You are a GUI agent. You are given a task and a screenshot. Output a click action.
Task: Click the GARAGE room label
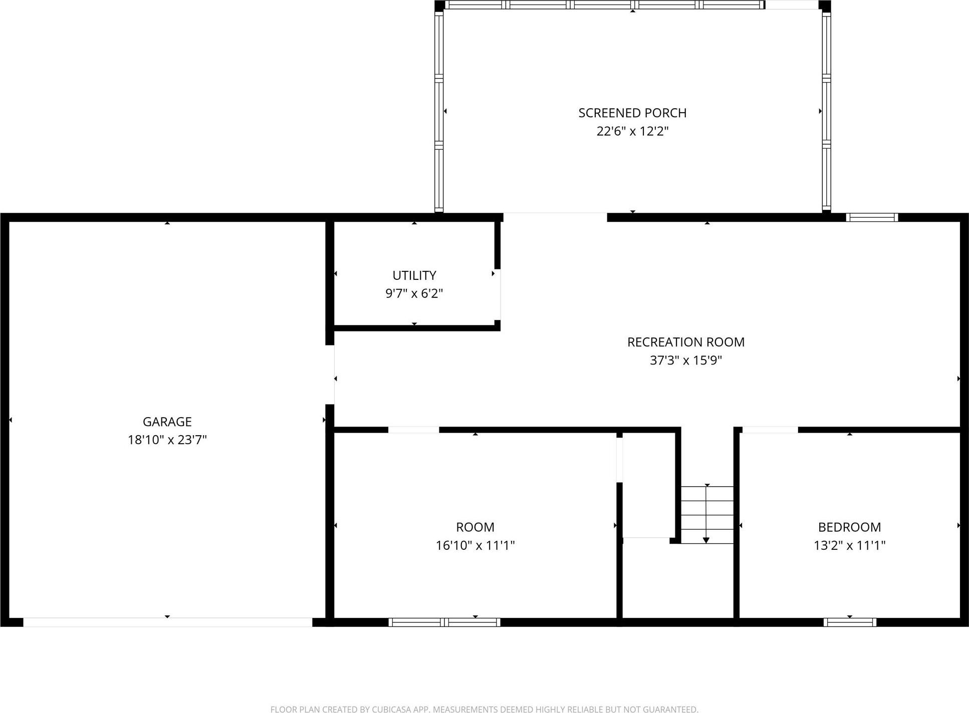click(167, 422)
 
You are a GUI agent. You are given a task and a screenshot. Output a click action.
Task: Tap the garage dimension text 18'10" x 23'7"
click(167, 440)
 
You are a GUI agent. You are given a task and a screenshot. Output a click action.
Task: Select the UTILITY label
click(414, 275)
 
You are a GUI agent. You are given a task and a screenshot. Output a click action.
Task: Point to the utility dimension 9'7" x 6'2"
click(414, 293)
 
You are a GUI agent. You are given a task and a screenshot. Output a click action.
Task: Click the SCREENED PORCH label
click(632, 113)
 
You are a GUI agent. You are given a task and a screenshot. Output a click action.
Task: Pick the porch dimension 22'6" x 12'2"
click(632, 131)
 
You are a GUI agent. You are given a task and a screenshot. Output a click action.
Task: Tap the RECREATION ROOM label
click(685, 342)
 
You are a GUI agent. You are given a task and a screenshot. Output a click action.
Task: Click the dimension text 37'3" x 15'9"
click(685, 360)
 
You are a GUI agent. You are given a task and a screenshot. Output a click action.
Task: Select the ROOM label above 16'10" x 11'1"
click(475, 527)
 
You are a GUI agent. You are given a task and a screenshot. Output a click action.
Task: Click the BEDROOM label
click(849, 527)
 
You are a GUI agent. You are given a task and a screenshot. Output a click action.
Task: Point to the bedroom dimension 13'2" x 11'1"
click(849, 545)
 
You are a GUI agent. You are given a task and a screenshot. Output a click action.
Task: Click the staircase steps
click(706, 514)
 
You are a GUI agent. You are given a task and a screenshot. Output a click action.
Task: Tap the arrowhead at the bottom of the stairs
click(706, 540)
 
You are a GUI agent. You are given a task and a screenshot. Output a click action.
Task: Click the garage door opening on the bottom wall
click(167, 622)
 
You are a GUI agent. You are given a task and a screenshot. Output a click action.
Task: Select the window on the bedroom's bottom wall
click(850, 622)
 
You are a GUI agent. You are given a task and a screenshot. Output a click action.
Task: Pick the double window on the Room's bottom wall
click(444, 622)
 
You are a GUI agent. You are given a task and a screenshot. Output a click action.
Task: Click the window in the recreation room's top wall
click(872, 217)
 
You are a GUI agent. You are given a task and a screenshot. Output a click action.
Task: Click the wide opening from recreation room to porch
click(555, 217)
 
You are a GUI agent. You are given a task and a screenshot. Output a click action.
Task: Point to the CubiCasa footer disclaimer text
click(484, 709)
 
